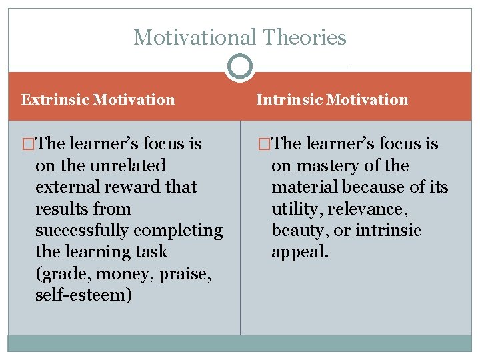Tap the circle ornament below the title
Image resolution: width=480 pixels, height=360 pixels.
240,67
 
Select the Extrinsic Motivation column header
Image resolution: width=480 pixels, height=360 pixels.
98,100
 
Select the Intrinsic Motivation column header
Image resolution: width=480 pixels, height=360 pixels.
332,100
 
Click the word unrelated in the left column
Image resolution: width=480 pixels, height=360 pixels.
123,165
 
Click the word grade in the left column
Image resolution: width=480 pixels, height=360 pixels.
61,273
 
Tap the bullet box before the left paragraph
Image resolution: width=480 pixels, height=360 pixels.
27,144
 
